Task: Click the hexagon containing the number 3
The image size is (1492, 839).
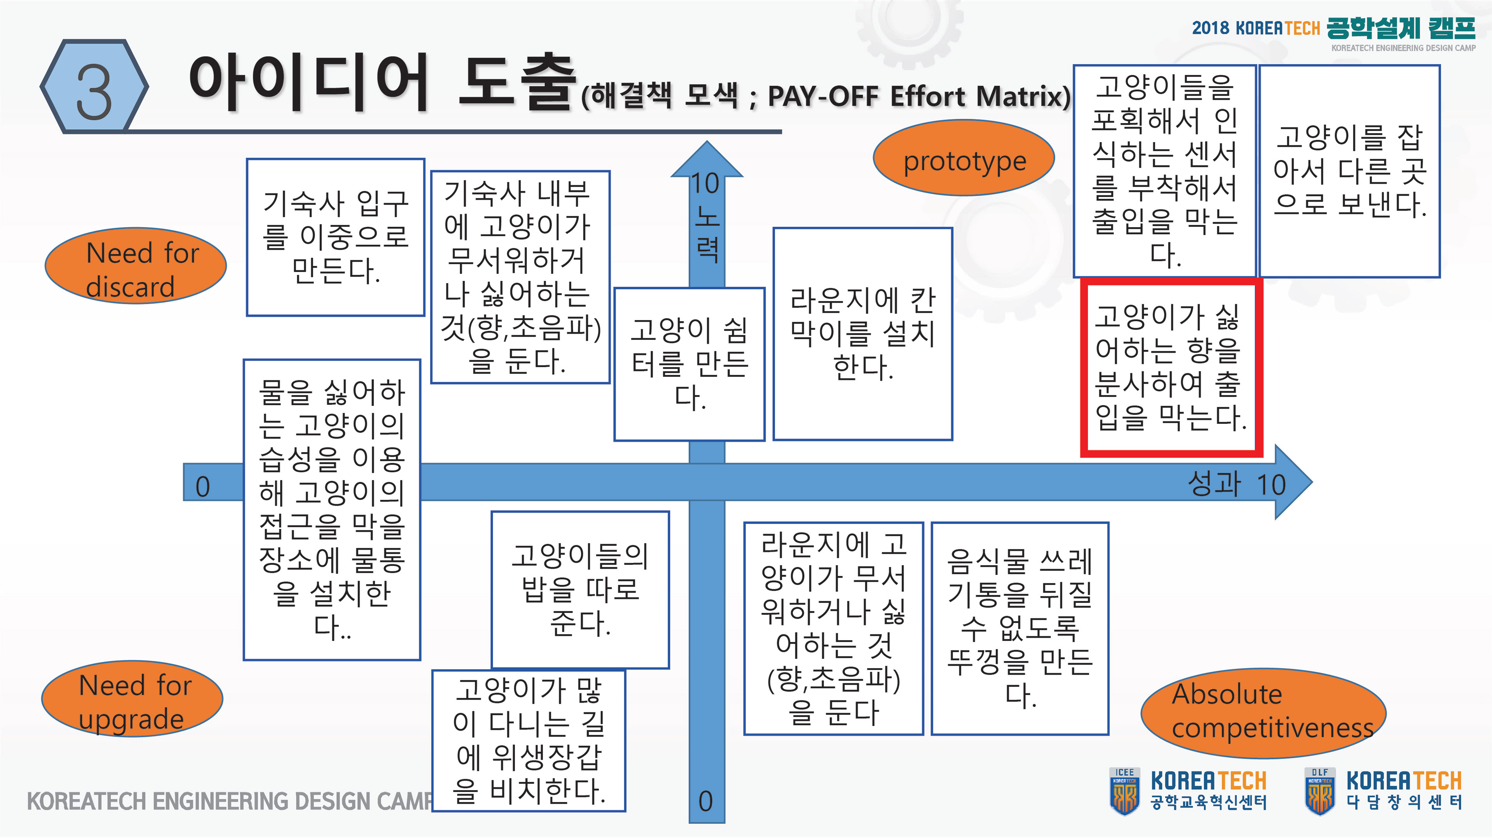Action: (x=94, y=87)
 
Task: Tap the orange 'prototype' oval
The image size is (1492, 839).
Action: (x=963, y=158)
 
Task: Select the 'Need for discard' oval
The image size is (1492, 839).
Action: (x=136, y=266)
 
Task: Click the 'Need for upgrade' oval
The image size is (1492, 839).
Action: (x=132, y=699)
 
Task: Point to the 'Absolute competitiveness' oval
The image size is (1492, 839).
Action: (x=1263, y=713)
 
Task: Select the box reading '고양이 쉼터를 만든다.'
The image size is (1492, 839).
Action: (x=689, y=364)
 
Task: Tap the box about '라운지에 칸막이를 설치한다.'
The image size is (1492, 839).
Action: (x=863, y=334)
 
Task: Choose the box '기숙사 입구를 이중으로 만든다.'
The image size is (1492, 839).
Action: (x=335, y=237)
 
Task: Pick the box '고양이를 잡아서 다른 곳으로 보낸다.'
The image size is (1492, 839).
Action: (x=1349, y=171)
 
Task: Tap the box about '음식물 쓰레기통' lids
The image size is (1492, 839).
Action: (x=1020, y=628)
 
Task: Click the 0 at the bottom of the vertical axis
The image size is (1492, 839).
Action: (x=706, y=801)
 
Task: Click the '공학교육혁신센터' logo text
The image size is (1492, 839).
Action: (x=1208, y=802)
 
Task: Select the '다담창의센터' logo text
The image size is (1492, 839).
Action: (x=1403, y=802)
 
